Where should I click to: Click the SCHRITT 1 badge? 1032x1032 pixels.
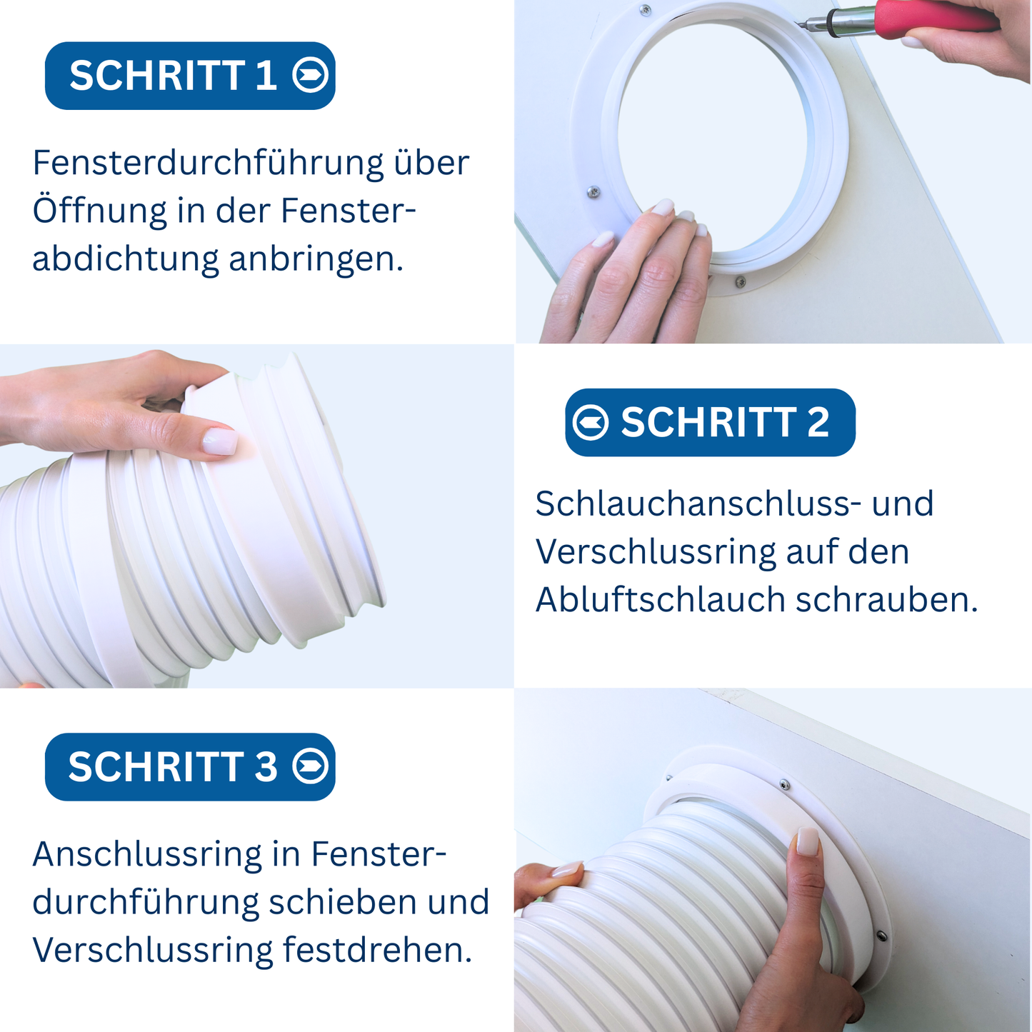(189, 76)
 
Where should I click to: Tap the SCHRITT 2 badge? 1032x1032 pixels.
(710, 422)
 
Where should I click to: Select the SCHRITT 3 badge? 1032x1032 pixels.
(189, 766)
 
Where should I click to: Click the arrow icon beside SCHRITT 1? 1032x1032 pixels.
(311, 75)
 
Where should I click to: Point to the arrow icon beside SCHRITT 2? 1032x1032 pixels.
(591, 422)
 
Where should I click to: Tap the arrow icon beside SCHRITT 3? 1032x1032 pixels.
(311, 766)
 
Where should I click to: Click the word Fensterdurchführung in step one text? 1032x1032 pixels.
(209, 164)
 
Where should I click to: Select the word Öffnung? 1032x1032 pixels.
(99, 211)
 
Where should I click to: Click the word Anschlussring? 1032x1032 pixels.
(146, 854)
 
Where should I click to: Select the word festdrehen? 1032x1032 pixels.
(377, 951)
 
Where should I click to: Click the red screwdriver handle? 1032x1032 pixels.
(936, 15)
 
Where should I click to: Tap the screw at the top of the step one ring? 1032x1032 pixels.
(646, 9)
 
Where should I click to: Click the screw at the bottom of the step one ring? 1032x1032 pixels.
(741, 281)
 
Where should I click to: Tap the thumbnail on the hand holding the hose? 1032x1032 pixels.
(219, 441)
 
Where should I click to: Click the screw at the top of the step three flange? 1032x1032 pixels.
(784, 785)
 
